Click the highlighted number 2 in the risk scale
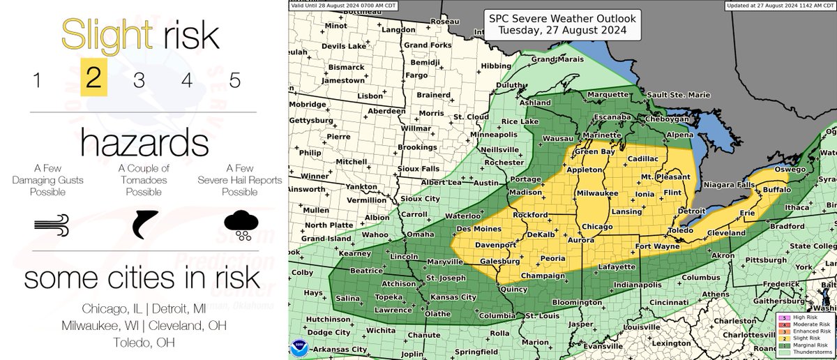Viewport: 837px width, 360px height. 93,79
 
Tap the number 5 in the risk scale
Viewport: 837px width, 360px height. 235,80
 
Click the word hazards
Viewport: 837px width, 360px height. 144,144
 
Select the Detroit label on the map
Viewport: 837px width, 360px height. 692,210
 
